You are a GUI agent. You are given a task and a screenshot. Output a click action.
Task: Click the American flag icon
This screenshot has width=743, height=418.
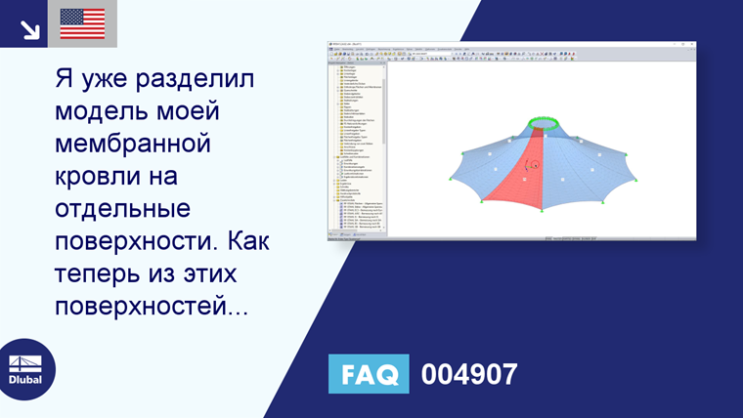[x=82, y=23]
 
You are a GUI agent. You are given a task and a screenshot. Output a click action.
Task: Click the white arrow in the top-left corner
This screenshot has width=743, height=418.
[x=30, y=29]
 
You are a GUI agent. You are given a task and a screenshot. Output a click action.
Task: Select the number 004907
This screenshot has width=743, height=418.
[x=468, y=374]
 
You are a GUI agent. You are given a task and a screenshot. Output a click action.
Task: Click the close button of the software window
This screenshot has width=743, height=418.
[x=692, y=43]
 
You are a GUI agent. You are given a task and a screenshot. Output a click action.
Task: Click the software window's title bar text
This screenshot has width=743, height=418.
[x=347, y=43]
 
